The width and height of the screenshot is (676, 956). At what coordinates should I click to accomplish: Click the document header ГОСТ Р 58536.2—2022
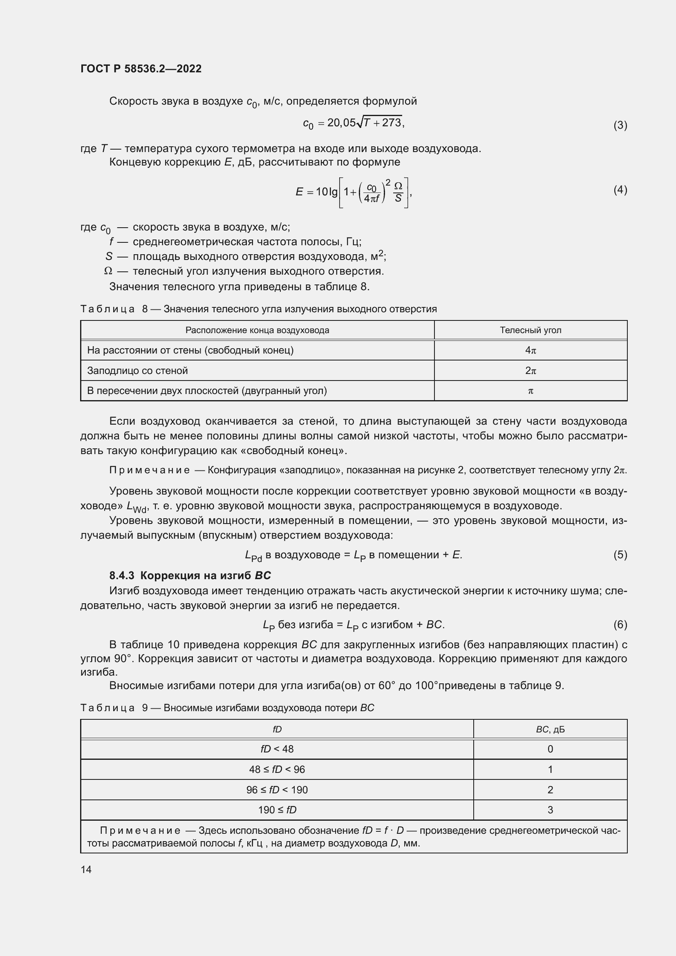[x=141, y=69]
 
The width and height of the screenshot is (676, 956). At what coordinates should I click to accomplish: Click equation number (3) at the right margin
[x=620, y=125]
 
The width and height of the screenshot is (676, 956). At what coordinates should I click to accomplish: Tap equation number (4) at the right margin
[x=620, y=190]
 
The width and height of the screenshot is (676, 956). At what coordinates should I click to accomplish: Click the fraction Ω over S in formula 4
[x=398, y=192]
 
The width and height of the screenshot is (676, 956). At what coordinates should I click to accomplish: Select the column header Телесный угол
[x=531, y=330]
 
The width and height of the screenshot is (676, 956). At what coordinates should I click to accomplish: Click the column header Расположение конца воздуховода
[x=257, y=330]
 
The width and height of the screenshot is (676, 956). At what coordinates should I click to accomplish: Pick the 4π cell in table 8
[x=531, y=350]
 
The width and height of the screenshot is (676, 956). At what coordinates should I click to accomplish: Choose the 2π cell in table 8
[x=531, y=371]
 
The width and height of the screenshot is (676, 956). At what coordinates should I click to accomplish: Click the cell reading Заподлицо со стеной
[x=137, y=371]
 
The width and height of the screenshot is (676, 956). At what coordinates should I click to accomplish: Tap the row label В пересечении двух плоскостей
[x=207, y=391]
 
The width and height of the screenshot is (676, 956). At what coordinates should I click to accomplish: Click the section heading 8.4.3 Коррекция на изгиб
[x=190, y=575]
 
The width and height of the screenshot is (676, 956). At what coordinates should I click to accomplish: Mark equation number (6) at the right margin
[x=620, y=624]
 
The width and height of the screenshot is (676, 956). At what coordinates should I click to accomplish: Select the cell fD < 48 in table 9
[x=277, y=749]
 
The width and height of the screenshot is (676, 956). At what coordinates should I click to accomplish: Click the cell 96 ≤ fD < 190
[x=277, y=790]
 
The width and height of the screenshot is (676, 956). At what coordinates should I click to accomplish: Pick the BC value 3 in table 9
[x=550, y=810]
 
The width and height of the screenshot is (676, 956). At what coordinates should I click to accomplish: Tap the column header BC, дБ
[x=550, y=730]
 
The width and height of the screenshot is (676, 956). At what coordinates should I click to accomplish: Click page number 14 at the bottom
[x=86, y=869]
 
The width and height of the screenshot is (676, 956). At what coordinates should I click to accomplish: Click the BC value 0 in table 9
[x=550, y=749]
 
